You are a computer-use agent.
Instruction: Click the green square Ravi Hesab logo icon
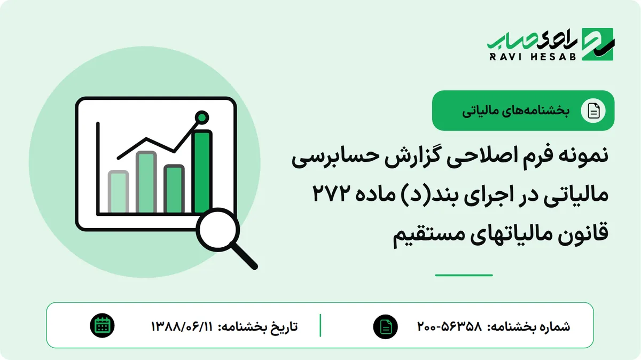(x=598, y=44)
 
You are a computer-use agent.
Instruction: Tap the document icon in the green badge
(x=593, y=111)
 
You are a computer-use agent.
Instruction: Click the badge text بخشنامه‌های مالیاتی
(x=515, y=111)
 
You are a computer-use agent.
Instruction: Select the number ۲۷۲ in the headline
(x=331, y=193)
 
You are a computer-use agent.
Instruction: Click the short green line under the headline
(x=464, y=275)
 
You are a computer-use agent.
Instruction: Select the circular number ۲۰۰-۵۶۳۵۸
(x=450, y=326)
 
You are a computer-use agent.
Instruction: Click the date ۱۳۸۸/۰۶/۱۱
(x=182, y=326)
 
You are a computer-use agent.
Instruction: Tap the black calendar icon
(x=102, y=326)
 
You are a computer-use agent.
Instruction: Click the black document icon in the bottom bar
(x=386, y=326)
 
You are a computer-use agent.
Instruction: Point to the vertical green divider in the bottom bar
(x=320, y=325)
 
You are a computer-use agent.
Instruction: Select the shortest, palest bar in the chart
(x=118, y=192)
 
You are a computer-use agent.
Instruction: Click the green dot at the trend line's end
(x=202, y=118)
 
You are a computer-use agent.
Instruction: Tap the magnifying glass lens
(x=218, y=230)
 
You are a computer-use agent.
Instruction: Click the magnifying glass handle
(x=245, y=256)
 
